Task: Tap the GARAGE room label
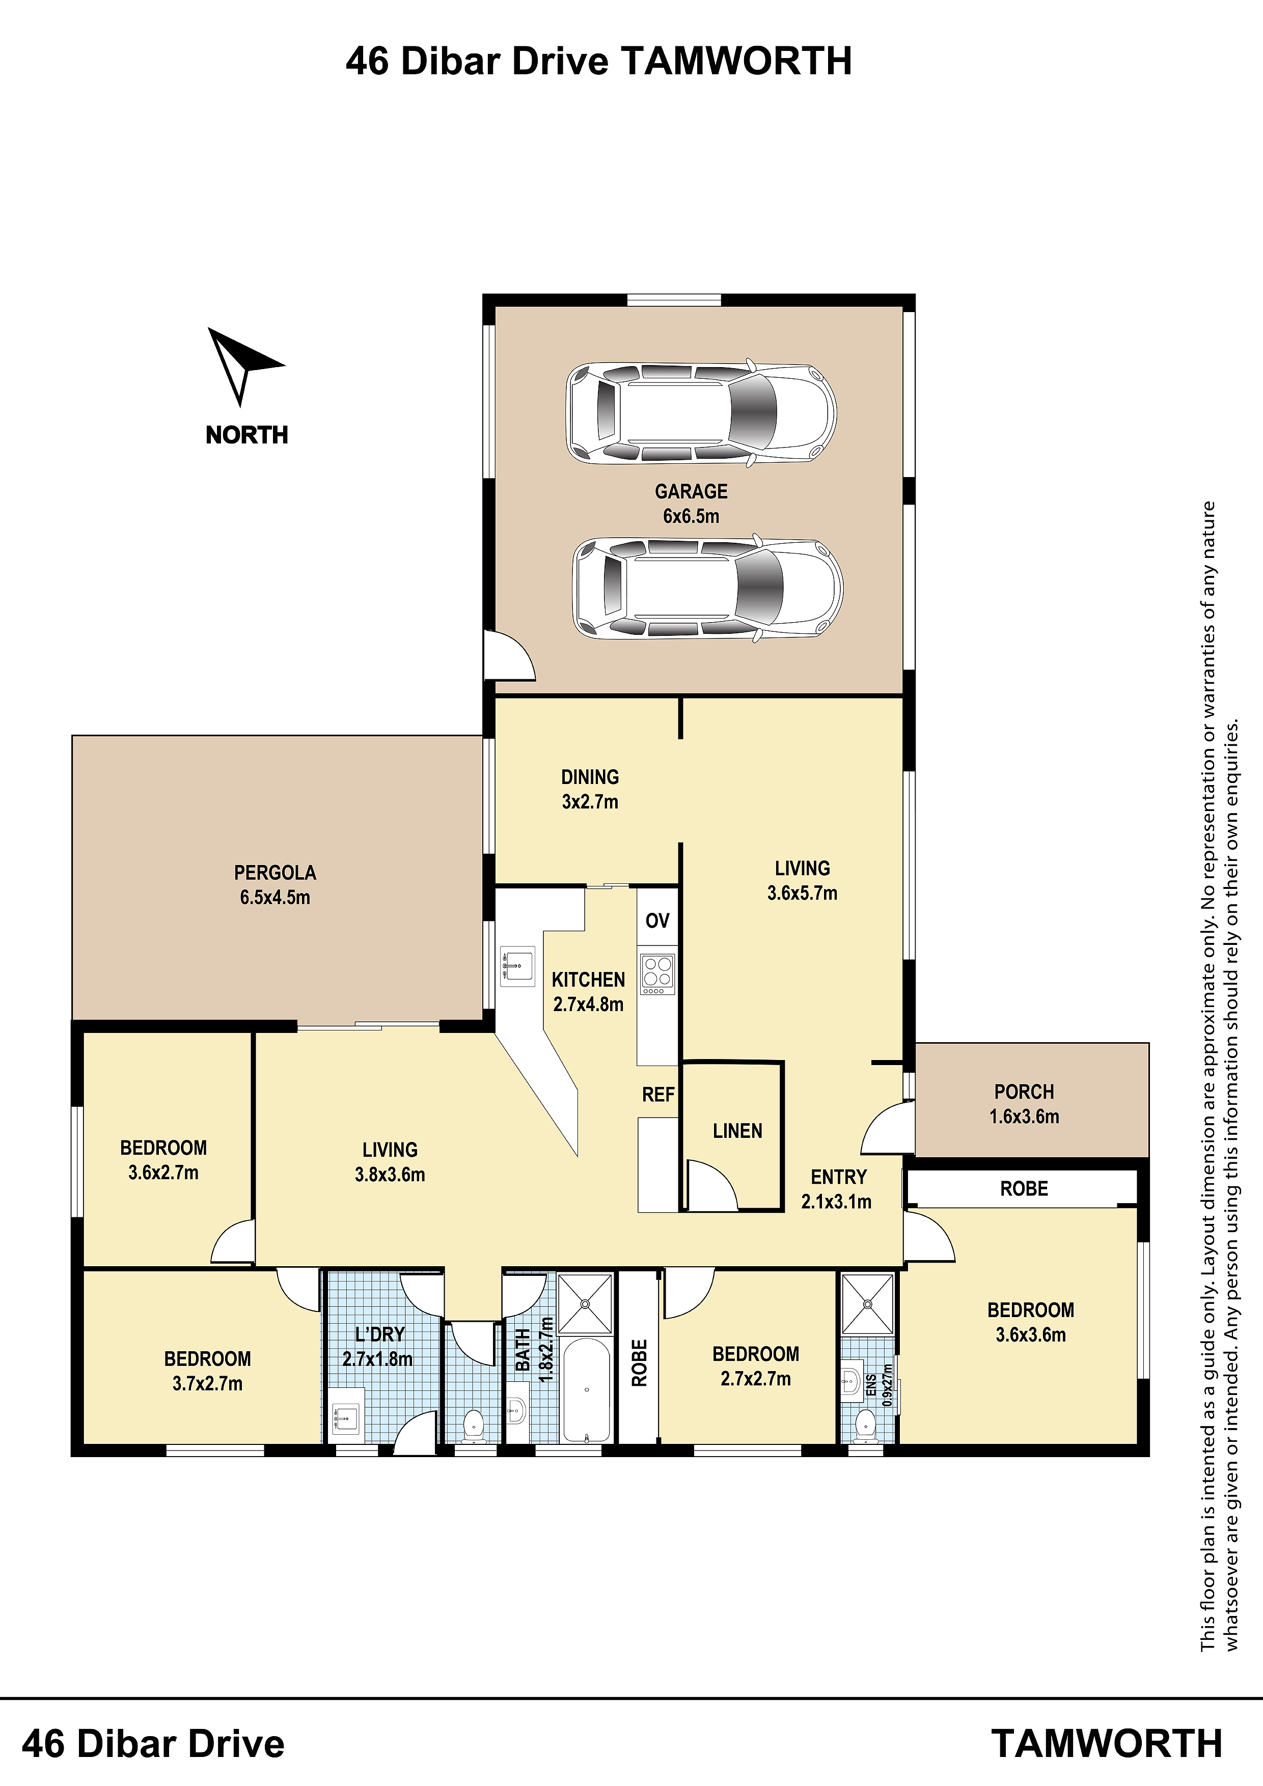click(691, 492)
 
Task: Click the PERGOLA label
click(274, 873)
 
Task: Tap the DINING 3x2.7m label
click(590, 789)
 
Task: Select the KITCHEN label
click(588, 980)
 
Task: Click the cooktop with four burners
click(657, 974)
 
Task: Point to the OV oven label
click(657, 921)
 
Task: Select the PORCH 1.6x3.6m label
click(1024, 1104)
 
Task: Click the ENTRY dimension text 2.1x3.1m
click(837, 1202)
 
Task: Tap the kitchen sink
click(517, 967)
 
